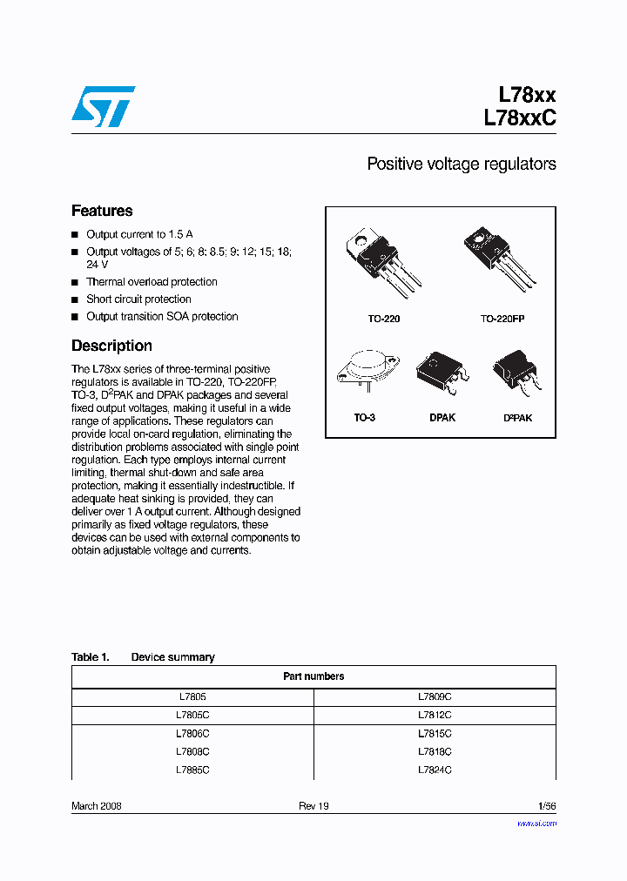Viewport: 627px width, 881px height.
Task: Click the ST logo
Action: (x=103, y=106)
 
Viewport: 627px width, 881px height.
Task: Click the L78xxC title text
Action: (x=519, y=119)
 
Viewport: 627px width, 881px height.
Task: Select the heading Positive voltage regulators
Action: (x=461, y=164)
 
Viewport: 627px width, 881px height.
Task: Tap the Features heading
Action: (x=102, y=211)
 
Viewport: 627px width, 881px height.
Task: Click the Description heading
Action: (x=111, y=346)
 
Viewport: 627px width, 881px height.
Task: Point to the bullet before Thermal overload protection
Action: (x=75, y=283)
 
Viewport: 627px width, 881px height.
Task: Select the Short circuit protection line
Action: (x=138, y=299)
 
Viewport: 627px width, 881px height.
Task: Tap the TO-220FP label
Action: (x=502, y=319)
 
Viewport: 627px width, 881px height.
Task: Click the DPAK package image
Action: (x=442, y=372)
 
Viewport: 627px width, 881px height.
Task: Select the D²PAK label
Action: (x=517, y=418)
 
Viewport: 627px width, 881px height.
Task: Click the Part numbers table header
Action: (x=313, y=676)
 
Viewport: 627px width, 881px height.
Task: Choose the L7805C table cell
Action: (x=192, y=715)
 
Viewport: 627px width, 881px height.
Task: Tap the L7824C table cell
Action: (x=435, y=770)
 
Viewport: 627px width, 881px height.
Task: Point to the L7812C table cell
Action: (x=435, y=715)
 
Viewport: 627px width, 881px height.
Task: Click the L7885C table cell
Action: (x=192, y=770)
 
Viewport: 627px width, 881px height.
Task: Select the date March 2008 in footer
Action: (x=96, y=806)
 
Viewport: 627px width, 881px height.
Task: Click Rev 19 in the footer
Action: (x=313, y=806)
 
